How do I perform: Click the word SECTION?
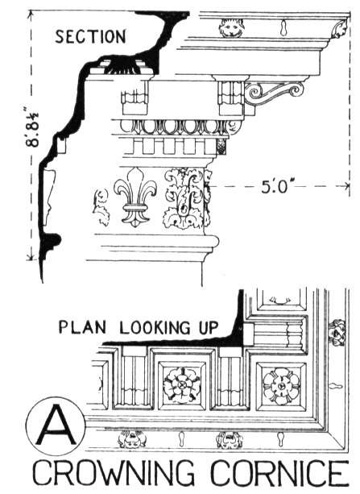click(91, 36)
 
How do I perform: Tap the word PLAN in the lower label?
click(82, 327)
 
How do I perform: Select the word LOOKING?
click(155, 327)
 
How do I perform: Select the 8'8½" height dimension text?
click(32, 127)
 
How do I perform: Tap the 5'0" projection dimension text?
click(275, 187)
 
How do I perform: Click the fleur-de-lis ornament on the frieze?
click(135, 197)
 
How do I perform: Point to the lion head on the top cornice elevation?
click(231, 27)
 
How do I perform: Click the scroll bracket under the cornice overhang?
click(274, 92)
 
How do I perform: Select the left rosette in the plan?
click(181, 384)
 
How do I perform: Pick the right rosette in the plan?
click(281, 385)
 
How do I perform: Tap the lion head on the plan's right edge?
click(337, 333)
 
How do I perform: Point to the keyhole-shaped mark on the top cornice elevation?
click(283, 27)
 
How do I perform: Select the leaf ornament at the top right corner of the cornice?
click(340, 29)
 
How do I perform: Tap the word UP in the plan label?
click(208, 327)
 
